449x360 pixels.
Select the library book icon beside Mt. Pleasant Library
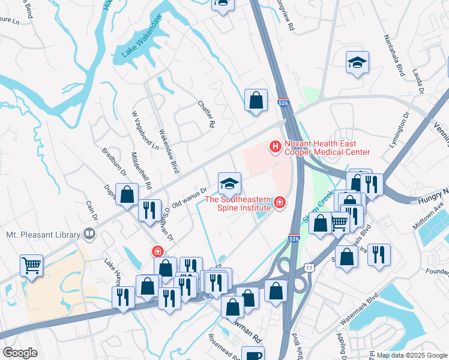[x=90, y=233]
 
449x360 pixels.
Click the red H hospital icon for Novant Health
[x=276, y=146]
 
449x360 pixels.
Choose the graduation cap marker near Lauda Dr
[x=357, y=62]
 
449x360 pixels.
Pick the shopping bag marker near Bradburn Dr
[x=127, y=194]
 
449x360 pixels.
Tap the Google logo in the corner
[x=20, y=353]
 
